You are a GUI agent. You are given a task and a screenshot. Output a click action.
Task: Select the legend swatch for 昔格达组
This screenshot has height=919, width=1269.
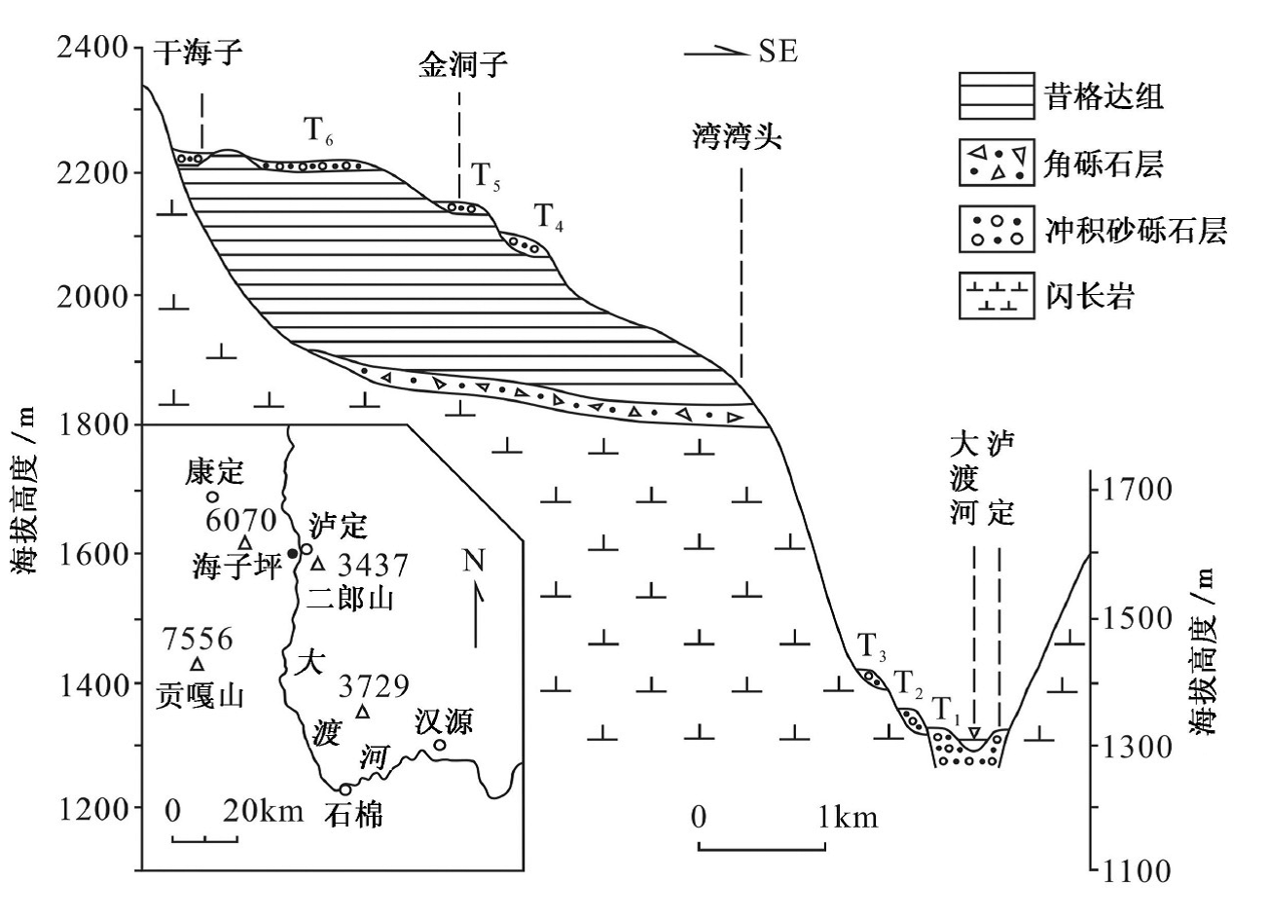(996, 95)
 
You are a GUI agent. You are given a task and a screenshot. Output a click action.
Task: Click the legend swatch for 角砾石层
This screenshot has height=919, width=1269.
(996, 163)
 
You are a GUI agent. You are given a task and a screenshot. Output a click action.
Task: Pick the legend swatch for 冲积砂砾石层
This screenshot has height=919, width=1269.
(996, 230)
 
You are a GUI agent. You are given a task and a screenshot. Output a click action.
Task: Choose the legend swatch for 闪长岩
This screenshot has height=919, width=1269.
(996, 296)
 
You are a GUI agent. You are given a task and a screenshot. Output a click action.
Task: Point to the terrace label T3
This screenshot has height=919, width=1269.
(872, 645)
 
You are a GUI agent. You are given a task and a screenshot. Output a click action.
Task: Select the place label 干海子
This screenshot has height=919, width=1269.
(199, 53)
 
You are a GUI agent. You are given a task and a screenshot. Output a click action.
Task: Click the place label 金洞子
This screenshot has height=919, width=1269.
(463, 66)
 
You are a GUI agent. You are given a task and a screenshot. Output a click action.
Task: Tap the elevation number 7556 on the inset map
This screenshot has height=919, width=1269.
(199, 640)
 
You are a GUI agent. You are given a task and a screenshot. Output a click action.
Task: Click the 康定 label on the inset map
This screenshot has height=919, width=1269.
(215, 474)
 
